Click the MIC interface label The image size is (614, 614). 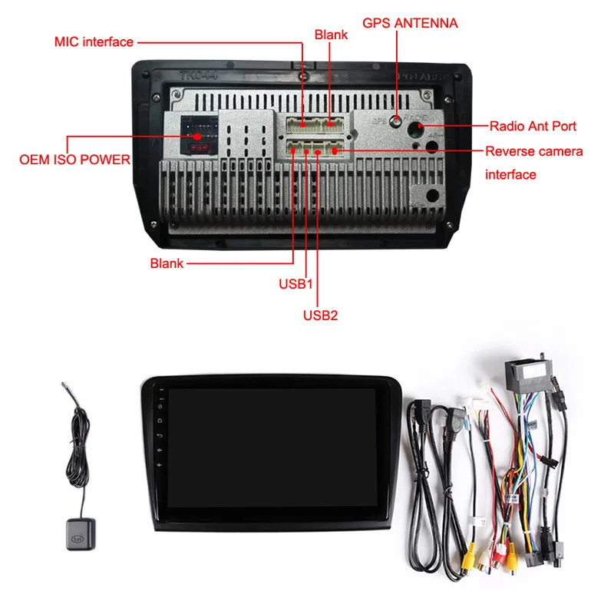coord(94,41)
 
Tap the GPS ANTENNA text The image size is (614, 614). coord(415,23)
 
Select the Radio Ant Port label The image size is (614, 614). coord(533,126)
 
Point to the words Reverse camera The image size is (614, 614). coord(533,151)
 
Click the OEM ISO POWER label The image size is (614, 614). coord(74,160)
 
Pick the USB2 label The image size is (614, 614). coord(320,315)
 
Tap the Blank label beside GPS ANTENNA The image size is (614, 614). coord(331,35)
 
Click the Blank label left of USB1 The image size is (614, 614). coord(167,263)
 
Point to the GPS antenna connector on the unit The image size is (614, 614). coord(395,120)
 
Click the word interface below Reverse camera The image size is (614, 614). coord(510,175)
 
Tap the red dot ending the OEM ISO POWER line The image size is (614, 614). coord(197,136)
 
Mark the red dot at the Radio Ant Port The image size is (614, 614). coord(421,126)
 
